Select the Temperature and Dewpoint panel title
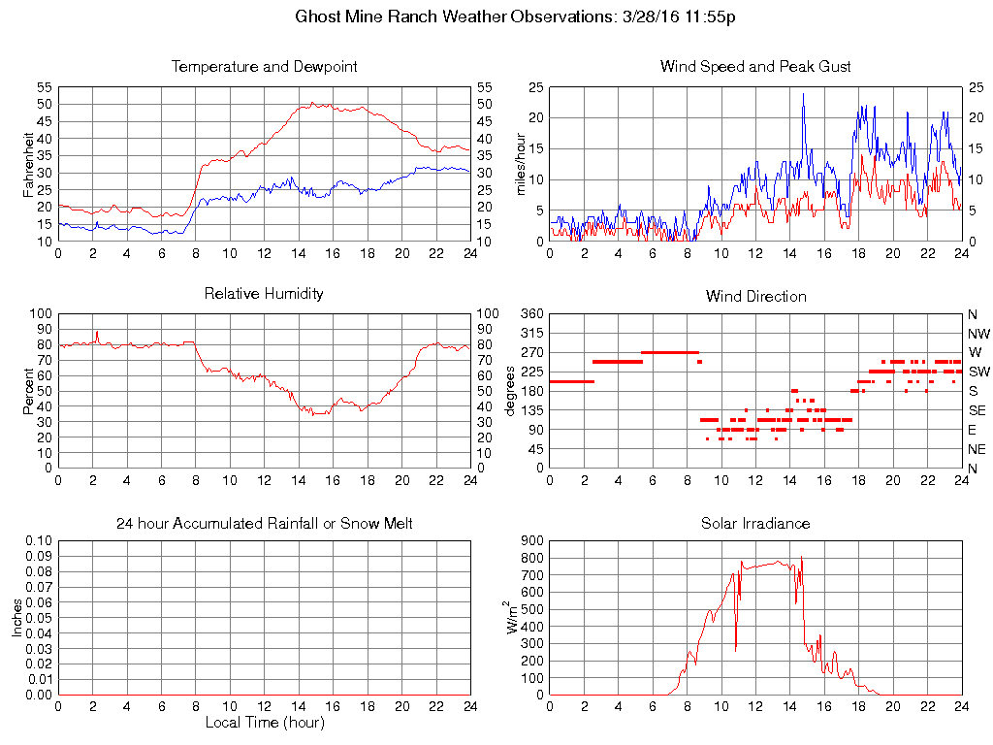click(x=264, y=67)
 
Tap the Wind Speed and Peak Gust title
click(x=755, y=67)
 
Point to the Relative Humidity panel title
click(x=264, y=293)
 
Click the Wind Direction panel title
click(x=755, y=296)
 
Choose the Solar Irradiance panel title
click(x=755, y=524)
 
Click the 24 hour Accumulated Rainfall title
click(x=264, y=524)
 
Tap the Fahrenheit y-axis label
click(x=29, y=172)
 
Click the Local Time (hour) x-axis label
click(x=264, y=723)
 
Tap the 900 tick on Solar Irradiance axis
click(x=532, y=541)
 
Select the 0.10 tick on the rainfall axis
click(x=39, y=541)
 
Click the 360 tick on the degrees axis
click(x=532, y=314)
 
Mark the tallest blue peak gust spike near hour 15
click(x=803, y=95)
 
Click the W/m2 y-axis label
click(x=514, y=617)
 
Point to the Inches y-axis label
click(x=16, y=617)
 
